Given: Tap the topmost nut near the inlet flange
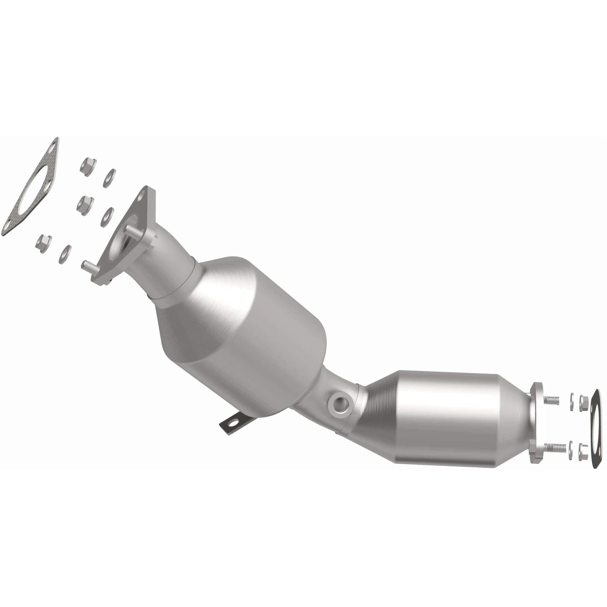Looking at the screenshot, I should click(x=88, y=166).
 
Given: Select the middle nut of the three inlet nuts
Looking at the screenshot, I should click(x=85, y=204).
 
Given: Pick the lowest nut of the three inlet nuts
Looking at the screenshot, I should click(x=44, y=241).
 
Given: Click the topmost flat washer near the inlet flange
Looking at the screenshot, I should click(x=109, y=178).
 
